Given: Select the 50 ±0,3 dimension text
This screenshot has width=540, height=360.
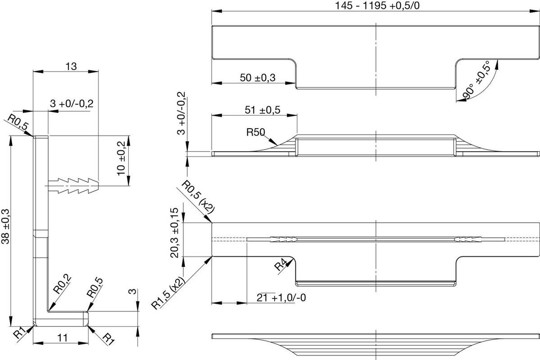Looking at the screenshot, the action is coord(258,78).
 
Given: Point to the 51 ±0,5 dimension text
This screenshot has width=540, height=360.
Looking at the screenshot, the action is coord(263,110).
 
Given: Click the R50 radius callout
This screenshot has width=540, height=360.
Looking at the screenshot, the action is coord(255,132).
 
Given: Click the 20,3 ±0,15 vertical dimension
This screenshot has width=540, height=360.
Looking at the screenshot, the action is coord(175,233).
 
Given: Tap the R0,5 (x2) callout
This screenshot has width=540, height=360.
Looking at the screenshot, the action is coord(198,197).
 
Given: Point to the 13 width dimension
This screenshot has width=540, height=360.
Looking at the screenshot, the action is coord(71,66).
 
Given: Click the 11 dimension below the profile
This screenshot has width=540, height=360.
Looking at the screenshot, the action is coord(62,337).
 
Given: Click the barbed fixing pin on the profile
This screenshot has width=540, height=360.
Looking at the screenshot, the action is coord(73,186).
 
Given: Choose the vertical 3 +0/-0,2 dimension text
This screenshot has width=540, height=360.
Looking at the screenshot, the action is coord(181,113).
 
